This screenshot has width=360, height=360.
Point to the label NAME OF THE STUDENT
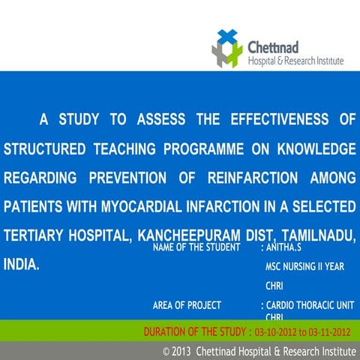click(196, 247)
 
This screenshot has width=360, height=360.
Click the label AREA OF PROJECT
click(187, 305)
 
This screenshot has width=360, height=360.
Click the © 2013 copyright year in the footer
click(177, 351)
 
